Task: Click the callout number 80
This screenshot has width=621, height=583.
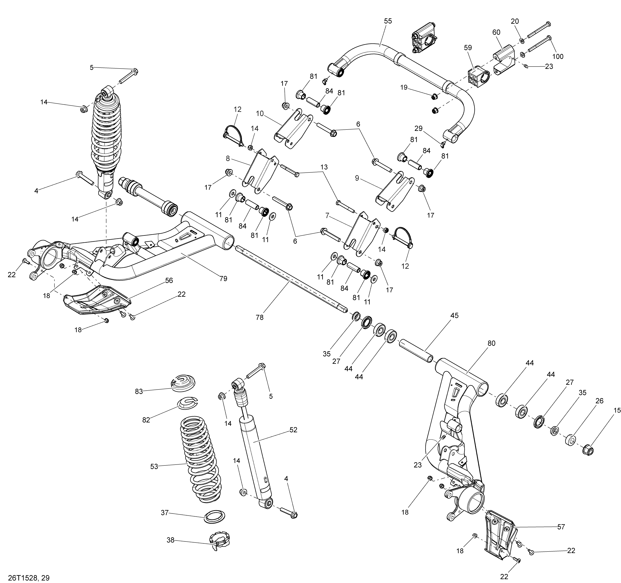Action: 491,343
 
